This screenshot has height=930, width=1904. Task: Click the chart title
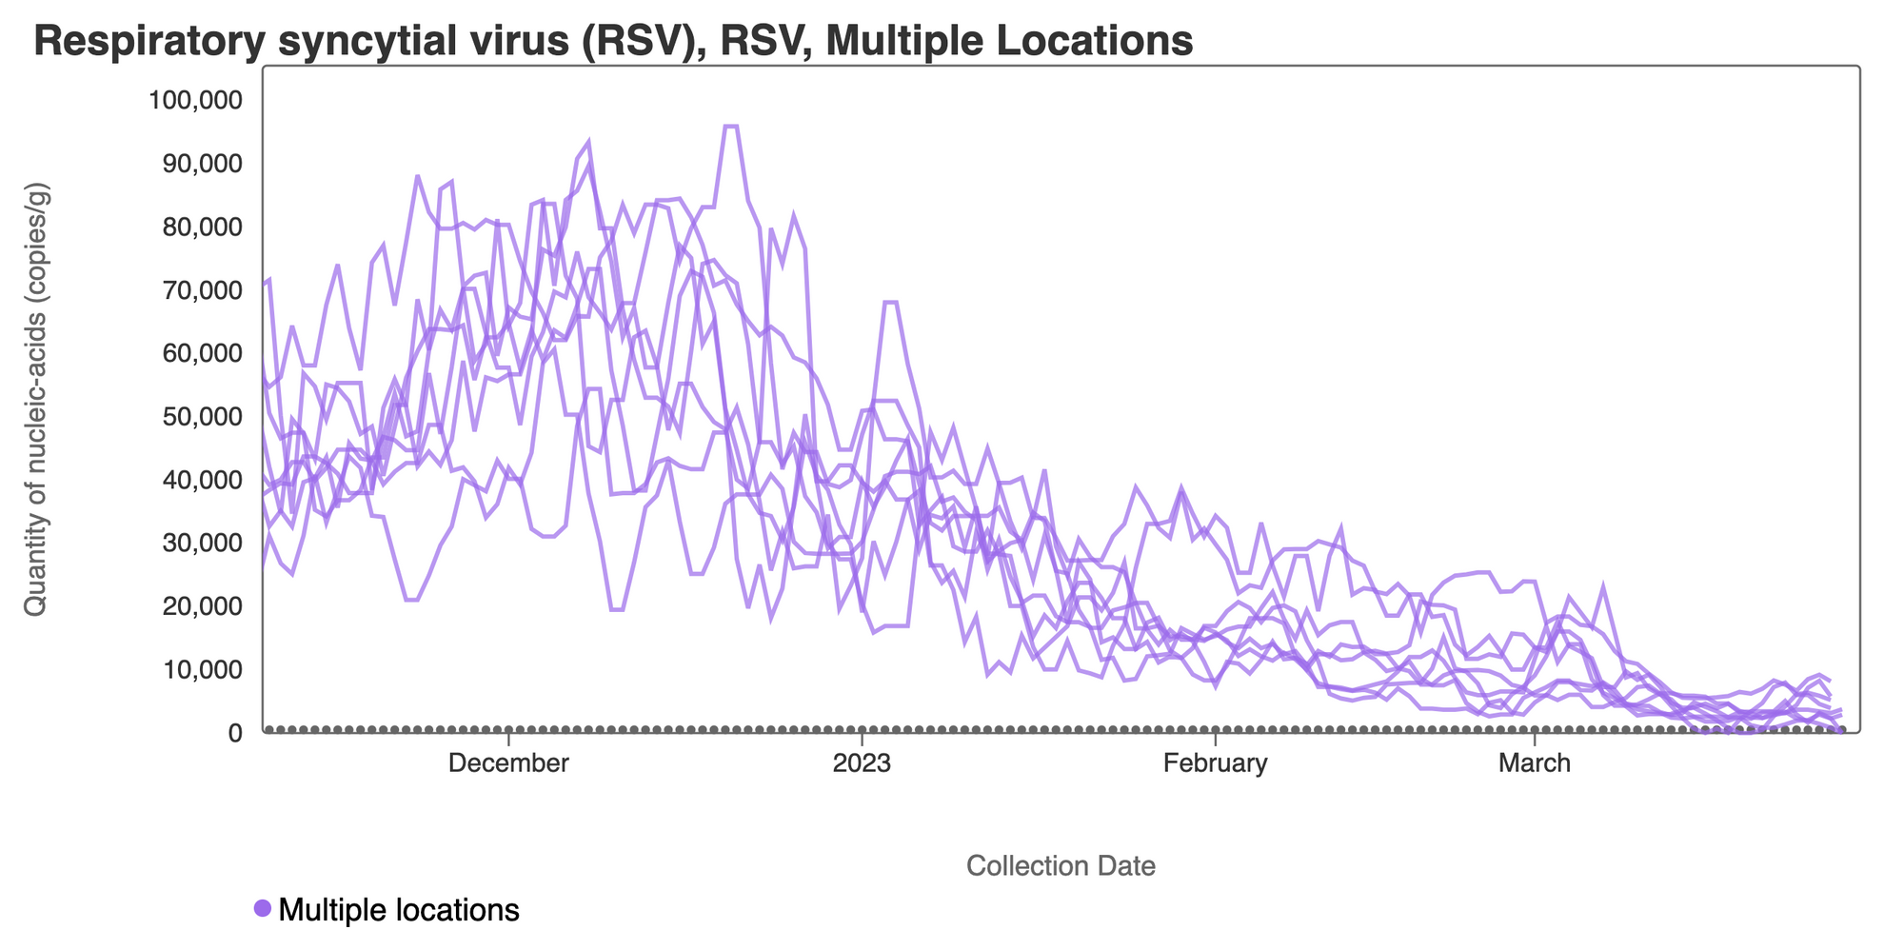coord(613,41)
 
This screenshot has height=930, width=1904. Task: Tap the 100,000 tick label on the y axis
coord(196,100)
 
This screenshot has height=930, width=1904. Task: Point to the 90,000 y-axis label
coord(202,164)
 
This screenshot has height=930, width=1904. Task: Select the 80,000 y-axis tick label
coord(202,227)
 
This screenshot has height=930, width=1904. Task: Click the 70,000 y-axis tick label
coord(202,290)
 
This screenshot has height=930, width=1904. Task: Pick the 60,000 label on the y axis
coord(202,353)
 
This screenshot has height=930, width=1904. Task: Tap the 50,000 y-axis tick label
coord(202,417)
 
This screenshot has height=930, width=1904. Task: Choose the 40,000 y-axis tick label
coord(202,480)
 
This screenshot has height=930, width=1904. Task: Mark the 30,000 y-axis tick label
coord(202,543)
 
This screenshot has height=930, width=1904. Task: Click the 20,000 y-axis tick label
coord(202,606)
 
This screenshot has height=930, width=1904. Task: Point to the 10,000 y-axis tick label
coord(202,669)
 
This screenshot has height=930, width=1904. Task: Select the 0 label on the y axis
coord(234,733)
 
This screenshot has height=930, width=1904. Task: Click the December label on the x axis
coord(509,763)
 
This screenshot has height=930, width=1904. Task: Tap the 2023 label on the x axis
coord(862,763)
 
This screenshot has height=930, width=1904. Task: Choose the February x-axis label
coord(1216,763)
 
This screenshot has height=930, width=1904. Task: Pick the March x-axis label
coord(1535,763)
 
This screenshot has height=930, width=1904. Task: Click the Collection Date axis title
coord(1061,866)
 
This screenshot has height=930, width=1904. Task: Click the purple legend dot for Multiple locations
coord(263,908)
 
